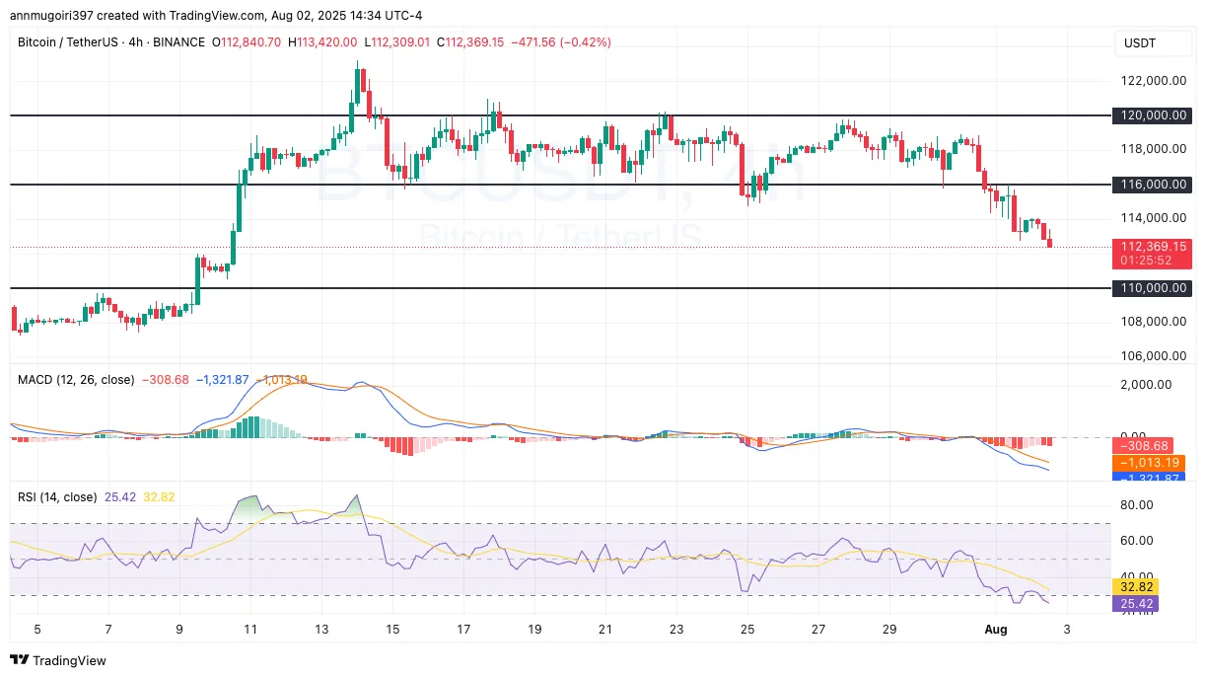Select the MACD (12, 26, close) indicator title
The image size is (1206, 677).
(x=76, y=379)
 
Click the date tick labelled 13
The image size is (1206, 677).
(x=320, y=629)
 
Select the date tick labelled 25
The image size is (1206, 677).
(x=746, y=629)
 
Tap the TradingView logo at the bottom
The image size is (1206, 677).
(x=58, y=660)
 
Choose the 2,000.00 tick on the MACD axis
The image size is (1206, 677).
(x=1147, y=385)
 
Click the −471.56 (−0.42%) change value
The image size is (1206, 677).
(x=561, y=42)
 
